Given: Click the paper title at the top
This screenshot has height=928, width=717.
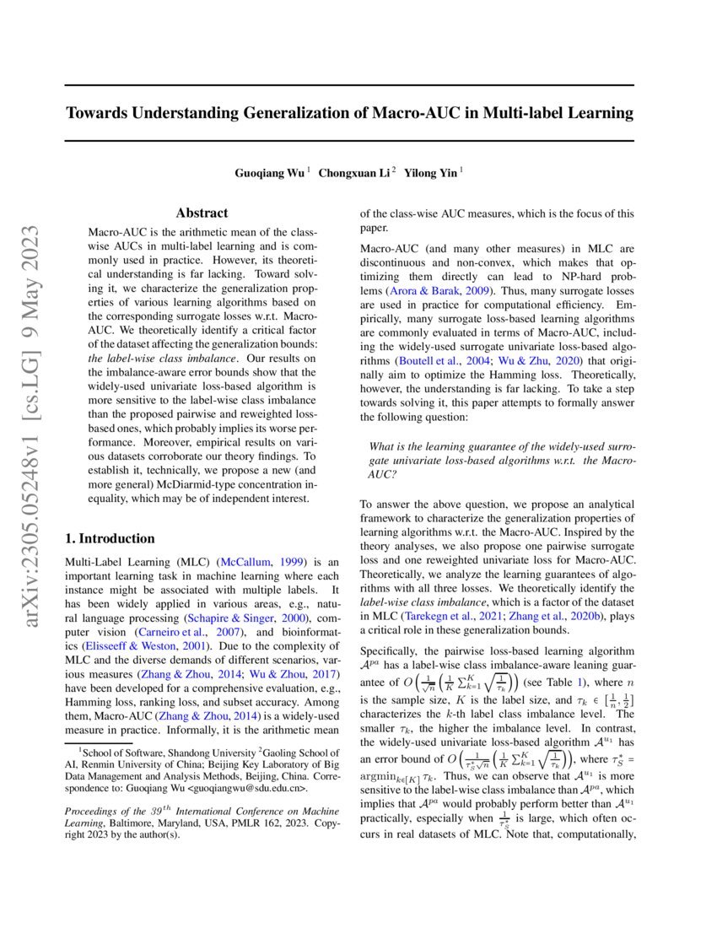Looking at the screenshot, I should tap(349, 112).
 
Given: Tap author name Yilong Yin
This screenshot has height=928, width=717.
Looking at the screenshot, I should tap(432, 173).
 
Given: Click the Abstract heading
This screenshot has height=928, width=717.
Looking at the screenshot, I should tap(202, 213).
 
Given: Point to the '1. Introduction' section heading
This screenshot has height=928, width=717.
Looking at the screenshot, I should tap(110, 538).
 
